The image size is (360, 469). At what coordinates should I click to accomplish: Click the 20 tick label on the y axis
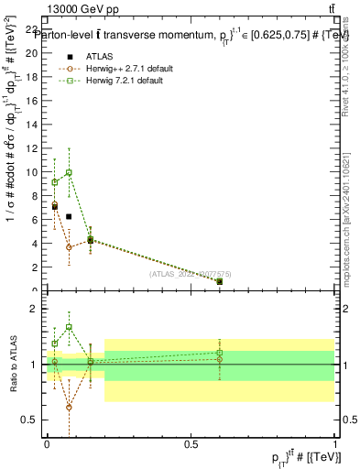(x=33, y=52)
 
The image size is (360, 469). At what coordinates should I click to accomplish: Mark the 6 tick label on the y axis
(x=36, y=219)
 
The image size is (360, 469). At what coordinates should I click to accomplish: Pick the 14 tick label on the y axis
(x=33, y=124)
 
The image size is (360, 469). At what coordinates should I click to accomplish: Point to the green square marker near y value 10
(x=69, y=172)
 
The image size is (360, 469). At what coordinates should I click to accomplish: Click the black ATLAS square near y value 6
(x=69, y=216)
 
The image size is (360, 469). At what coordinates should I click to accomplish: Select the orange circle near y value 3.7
(x=69, y=246)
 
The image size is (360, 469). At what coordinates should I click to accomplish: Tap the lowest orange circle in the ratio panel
(x=69, y=407)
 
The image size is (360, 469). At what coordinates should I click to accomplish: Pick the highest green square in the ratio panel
(x=69, y=327)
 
